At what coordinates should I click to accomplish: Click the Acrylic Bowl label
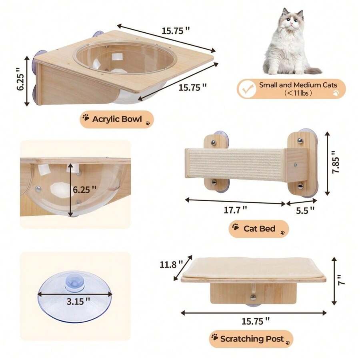[117, 119]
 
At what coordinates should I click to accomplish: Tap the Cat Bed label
[259, 229]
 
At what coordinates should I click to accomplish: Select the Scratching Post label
[252, 339]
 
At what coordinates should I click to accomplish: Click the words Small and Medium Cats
[298, 85]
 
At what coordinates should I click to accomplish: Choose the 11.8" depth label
[171, 264]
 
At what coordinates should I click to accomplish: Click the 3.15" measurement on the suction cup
[76, 301]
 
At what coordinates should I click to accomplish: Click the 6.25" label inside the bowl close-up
[84, 189]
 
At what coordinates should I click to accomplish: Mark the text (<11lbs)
[298, 93]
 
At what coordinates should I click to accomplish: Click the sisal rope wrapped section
[235, 164]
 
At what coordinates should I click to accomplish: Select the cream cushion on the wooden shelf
[253, 267]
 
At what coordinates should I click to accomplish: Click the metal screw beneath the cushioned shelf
[253, 297]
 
